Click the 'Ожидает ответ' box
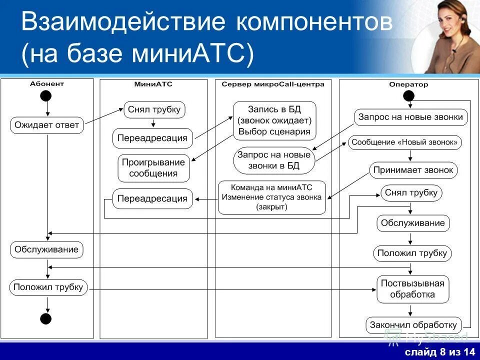pyautogui.click(x=47, y=125)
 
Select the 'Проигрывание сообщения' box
pyautogui.click(x=153, y=168)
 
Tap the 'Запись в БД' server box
pyautogui.click(x=274, y=120)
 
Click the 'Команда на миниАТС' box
pyautogui.click(x=272, y=197)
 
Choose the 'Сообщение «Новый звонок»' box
pyautogui.click(x=404, y=142)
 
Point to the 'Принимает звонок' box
pyautogui.click(x=413, y=170)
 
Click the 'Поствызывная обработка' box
pyautogui.click(x=412, y=289)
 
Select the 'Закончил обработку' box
pyautogui.click(x=413, y=324)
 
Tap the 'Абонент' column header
pyautogui.click(x=47, y=84)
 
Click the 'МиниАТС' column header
pyautogui.click(x=153, y=84)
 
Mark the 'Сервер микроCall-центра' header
pyautogui.click(x=272, y=84)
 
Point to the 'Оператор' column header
pyautogui.click(x=408, y=84)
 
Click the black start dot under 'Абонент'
pyautogui.click(x=47, y=95)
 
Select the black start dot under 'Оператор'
pyautogui.click(x=408, y=95)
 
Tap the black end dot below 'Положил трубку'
pyautogui.click(x=46, y=318)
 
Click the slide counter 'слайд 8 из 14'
pyautogui.click(x=440, y=353)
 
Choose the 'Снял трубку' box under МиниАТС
pyautogui.click(x=154, y=109)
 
